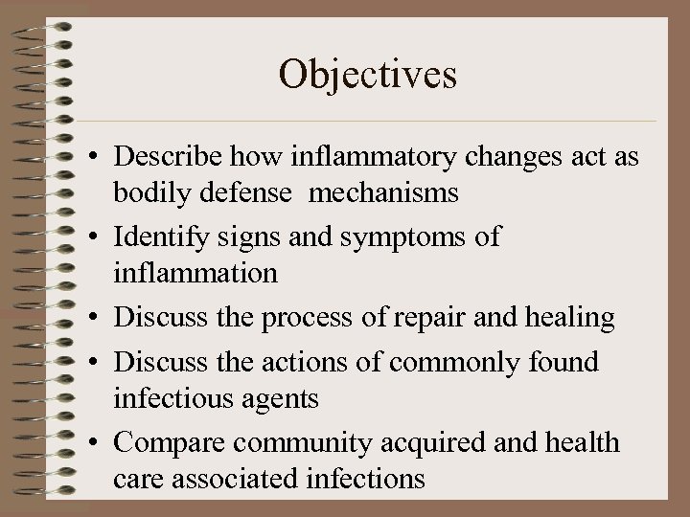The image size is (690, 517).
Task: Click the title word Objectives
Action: (x=368, y=74)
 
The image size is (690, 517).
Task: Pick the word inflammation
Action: (x=195, y=273)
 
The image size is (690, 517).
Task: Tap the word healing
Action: (x=566, y=317)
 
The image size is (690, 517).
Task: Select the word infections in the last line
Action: (x=364, y=478)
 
